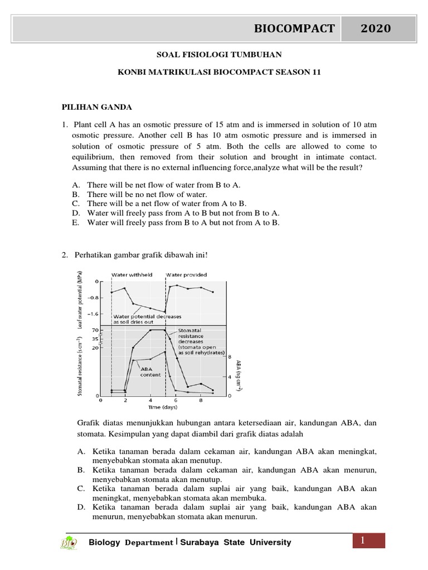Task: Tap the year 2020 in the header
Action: pos(376,28)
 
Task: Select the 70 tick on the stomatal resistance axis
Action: pos(95,330)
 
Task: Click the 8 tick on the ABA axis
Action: pos(228,357)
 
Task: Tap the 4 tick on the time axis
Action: pos(150,400)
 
